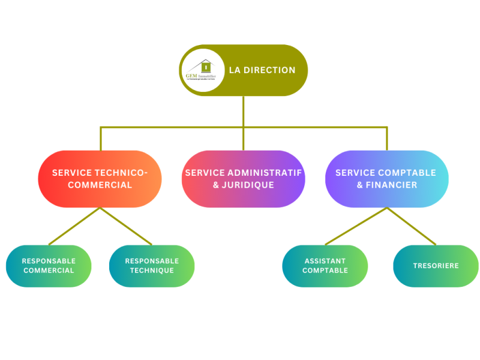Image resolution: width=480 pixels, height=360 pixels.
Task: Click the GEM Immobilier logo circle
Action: tap(202, 70)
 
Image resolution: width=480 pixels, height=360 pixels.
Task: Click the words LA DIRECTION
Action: tap(262, 70)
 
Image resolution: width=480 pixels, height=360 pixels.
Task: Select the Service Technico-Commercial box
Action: tap(100, 179)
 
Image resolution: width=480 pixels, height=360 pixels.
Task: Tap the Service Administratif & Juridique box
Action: tap(243, 179)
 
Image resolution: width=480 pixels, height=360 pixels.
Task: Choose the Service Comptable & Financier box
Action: tap(386, 179)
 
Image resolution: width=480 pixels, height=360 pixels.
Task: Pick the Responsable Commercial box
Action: tap(49, 266)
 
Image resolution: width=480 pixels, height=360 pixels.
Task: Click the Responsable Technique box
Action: tap(152, 266)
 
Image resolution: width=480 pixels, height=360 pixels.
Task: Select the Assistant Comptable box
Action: tap(325, 266)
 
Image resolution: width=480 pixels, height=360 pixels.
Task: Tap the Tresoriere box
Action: tap(436, 266)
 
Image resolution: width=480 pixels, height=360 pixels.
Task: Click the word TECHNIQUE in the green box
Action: tap(152, 271)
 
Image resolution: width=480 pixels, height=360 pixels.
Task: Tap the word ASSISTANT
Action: tap(325, 261)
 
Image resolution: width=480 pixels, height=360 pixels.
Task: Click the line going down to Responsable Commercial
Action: tap(74, 226)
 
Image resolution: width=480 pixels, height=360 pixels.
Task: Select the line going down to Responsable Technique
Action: tap(126, 226)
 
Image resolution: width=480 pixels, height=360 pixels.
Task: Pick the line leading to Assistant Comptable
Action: tap(356, 226)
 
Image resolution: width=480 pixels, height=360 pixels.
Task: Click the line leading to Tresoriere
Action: tap(412, 226)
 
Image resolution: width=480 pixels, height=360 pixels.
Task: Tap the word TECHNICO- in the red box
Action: tap(124, 173)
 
